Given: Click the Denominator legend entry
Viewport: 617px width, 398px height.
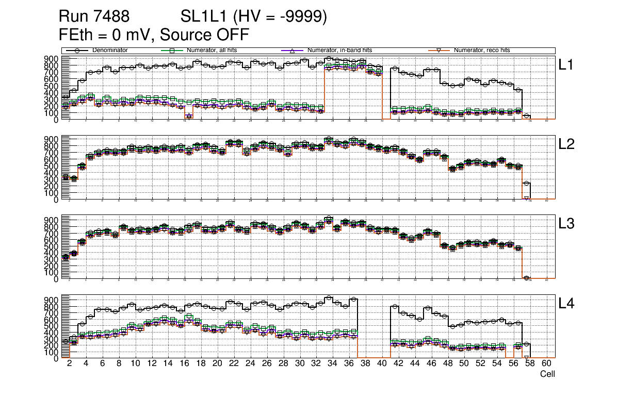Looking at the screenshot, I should (110, 51).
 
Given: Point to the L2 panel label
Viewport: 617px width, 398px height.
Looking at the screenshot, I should (567, 144).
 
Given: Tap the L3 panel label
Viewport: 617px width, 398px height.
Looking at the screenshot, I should (567, 224).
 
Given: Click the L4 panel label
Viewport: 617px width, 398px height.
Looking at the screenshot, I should (567, 304).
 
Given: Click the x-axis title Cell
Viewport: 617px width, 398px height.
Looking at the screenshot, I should (547, 374).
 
